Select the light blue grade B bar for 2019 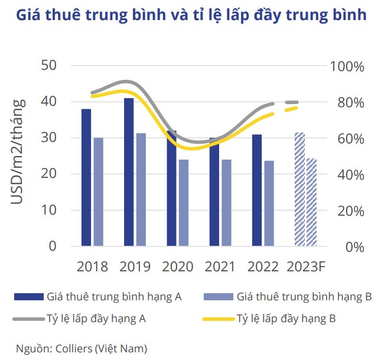pyautogui.click(x=141, y=189)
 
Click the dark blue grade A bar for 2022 pyautogui.click(x=257, y=190)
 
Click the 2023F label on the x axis pyautogui.click(x=305, y=267)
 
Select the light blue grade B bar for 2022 pyautogui.click(x=269, y=203)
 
